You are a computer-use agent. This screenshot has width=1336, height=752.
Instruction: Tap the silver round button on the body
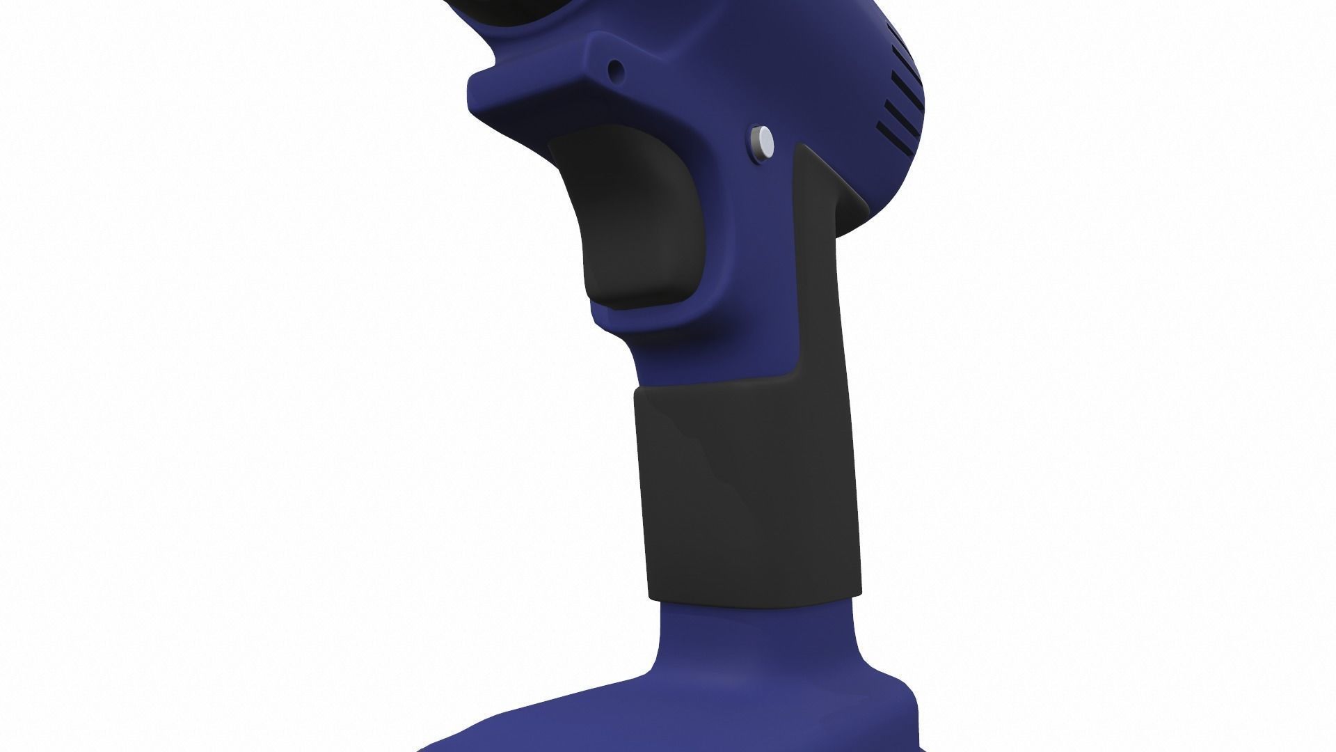pos(764,141)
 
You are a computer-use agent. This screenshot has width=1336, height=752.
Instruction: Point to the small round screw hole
pos(615,69)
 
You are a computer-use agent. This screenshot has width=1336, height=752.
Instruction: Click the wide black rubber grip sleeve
pos(748,487)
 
